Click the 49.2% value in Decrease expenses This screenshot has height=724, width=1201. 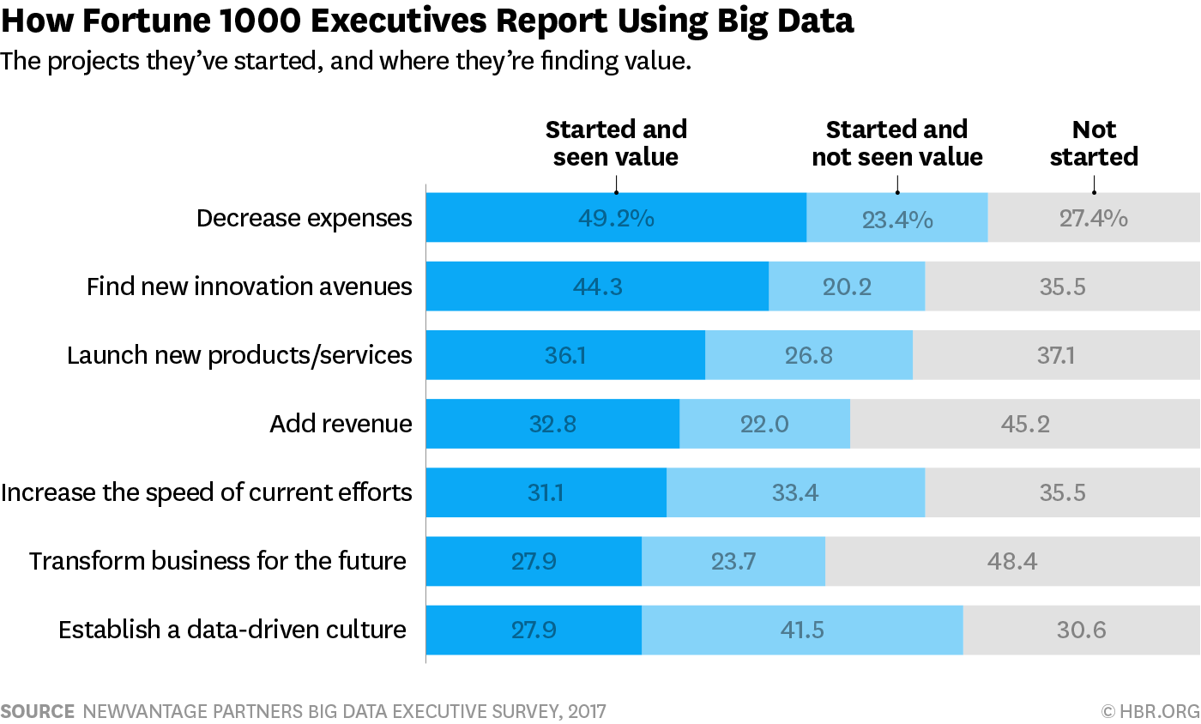pyautogui.click(x=616, y=218)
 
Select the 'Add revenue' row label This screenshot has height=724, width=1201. pyautogui.click(x=341, y=424)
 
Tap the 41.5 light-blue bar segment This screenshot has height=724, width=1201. pyautogui.click(x=802, y=630)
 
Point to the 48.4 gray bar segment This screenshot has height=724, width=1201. pyautogui.click(x=1012, y=561)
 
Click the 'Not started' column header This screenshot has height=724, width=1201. pyautogui.click(x=1094, y=143)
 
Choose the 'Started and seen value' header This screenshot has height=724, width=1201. pyautogui.click(x=616, y=143)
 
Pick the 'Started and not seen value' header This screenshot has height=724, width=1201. pyautogui.click(x=896, y=143)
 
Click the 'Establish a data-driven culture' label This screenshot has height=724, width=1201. pyautogui.click(x=232, y=630)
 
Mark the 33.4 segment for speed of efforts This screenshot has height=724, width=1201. pyautogui.click(x=795, y=492)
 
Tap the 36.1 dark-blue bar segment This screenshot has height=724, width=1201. pyautogui.click(x=565, y=355)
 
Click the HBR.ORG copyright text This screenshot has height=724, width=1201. pyautogui.click(x=1150, y=711)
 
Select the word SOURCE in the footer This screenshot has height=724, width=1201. pyautogui.click(x=37, y=711)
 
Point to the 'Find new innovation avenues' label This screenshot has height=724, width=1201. pyautogui.click(x=249, y=287)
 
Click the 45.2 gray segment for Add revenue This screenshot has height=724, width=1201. pyautogui.click(x=1024, y=424)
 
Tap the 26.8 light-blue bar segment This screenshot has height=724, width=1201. pyautogui.click(x=808, y=355)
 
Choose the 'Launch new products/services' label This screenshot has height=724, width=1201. pyautogui.click(x=239, y=355)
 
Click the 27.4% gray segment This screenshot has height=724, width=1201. pyautogui.click(x=1093, y=218)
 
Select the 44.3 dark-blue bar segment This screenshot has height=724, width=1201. pyautogui.click(x=597, y=287)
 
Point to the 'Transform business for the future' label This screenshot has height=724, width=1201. pyautogui.click(x=218, y=561)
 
